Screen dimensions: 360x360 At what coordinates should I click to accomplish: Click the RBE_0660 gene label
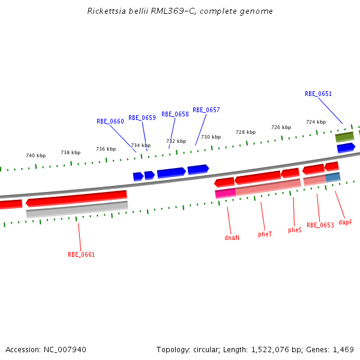pyautogui.click(x=110, y=121)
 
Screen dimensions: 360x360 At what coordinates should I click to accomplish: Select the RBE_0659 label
pyautogui.click(x=142, y=118)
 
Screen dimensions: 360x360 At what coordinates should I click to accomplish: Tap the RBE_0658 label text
pyautogui.click(x=175, y=115)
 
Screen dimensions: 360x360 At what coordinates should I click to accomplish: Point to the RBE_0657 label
pyautogui.click(x=206, y=110)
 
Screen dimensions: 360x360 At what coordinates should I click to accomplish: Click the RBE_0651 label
pyautogui.click(x=318, y=94)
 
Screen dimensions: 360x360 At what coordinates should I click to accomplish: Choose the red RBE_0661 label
pyautogui.click(x=81, y=254)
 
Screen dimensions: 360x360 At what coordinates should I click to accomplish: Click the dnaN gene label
pyautogui.click(x=232, y=238)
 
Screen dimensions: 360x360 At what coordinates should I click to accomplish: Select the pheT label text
pyautogui.click(x=265, y=234)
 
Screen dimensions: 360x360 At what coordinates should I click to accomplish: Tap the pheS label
pyautogui.click(x=295, y=230)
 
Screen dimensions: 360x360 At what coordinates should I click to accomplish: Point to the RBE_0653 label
pyautogui.click(x=320, y=226)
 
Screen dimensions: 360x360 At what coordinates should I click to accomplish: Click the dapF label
pyautogui.click(x=345, y=222)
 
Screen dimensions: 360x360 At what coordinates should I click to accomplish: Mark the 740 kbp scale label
pyautogui.click(x=35, y=155)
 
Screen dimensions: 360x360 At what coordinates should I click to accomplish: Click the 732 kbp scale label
pyautogui.click(x=176, y=142)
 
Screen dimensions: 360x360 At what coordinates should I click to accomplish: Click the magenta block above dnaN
pyautogui.click(x=225, y=193)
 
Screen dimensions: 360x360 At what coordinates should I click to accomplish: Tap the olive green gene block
pyautogui.click(x=344, y=137)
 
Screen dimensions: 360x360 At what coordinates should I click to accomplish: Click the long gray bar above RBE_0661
pyautogui.click(x=77, y=209)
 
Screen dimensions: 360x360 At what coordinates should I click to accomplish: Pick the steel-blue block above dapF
pyautogui.click(x=333, y=178)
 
